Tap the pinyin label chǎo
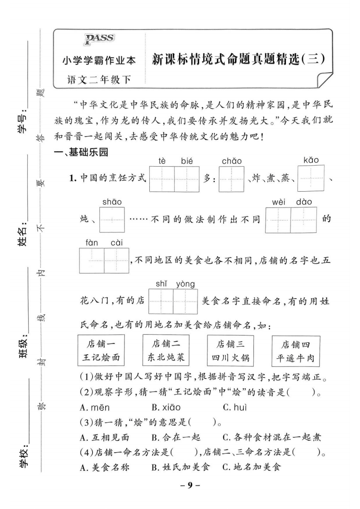(232, 161)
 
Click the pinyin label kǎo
(311, 160)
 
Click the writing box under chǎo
(232, 179)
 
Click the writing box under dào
(304, 220)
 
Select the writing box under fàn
(92, 260)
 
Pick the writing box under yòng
(185, 301)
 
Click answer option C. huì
(235, 408)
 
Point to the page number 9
(190, 485)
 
